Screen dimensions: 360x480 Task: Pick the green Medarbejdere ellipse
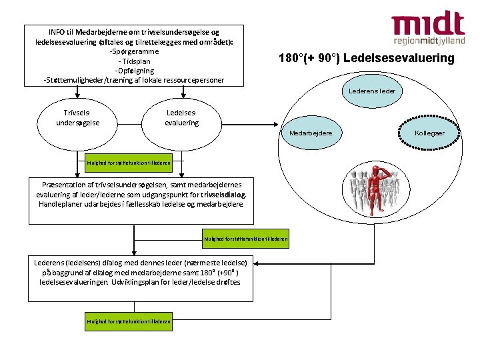(x=311, y=133)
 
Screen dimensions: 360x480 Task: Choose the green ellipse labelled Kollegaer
(x=429, y=133)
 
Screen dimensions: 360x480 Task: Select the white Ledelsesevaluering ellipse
(x=181, y=118)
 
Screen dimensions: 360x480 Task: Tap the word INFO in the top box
(x=57, y=31)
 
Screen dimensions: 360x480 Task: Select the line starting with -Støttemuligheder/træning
(x=134, y=80)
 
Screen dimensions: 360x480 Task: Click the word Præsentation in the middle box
(x=67, y=184)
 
